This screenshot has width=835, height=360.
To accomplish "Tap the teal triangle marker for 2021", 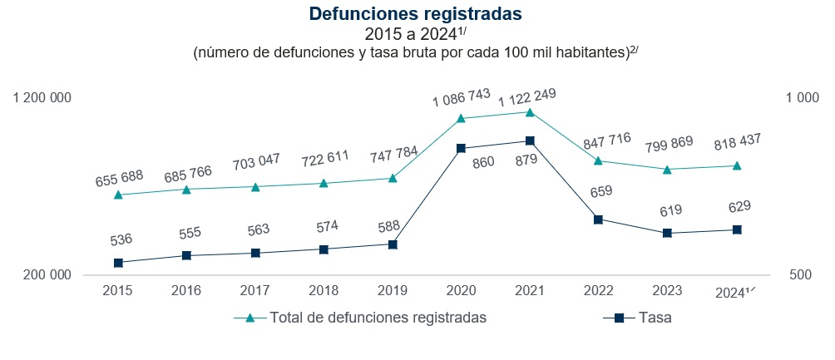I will (530, 111).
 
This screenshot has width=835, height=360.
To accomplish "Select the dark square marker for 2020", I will (461, 148).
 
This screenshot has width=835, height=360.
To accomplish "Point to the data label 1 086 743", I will (462, 99).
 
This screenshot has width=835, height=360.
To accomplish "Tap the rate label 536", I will (121, 240).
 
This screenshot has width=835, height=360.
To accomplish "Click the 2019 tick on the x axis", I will (392, 291).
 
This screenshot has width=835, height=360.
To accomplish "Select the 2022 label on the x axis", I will (598, 291).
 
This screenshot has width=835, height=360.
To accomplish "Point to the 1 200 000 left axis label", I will (42, 98).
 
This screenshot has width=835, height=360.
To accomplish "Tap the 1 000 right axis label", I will (802, 98).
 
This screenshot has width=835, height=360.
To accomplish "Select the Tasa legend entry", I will (655, 318).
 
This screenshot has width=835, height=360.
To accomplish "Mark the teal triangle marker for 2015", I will (118, 195).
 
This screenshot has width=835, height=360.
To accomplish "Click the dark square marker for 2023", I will (666, 233).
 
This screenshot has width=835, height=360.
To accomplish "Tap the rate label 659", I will (600, 191).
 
